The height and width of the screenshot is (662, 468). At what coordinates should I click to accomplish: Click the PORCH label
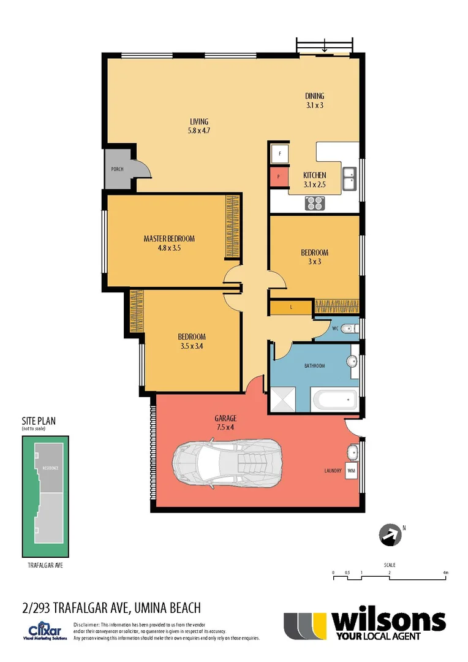116,169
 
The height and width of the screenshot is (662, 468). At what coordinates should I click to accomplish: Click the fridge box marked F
279,154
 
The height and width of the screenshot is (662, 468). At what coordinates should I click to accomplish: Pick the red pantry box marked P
279,178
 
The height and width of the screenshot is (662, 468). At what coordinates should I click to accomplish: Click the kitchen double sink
350,180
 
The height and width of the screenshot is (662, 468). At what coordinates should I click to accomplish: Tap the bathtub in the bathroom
334,400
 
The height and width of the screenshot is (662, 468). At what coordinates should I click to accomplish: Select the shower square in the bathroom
284,399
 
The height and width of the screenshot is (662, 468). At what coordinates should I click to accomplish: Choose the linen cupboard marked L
292,307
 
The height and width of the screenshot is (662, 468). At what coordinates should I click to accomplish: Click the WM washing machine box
351,471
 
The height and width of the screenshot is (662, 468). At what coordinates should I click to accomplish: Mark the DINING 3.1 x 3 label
314,100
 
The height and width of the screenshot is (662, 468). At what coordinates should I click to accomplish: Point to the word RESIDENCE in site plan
50,468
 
